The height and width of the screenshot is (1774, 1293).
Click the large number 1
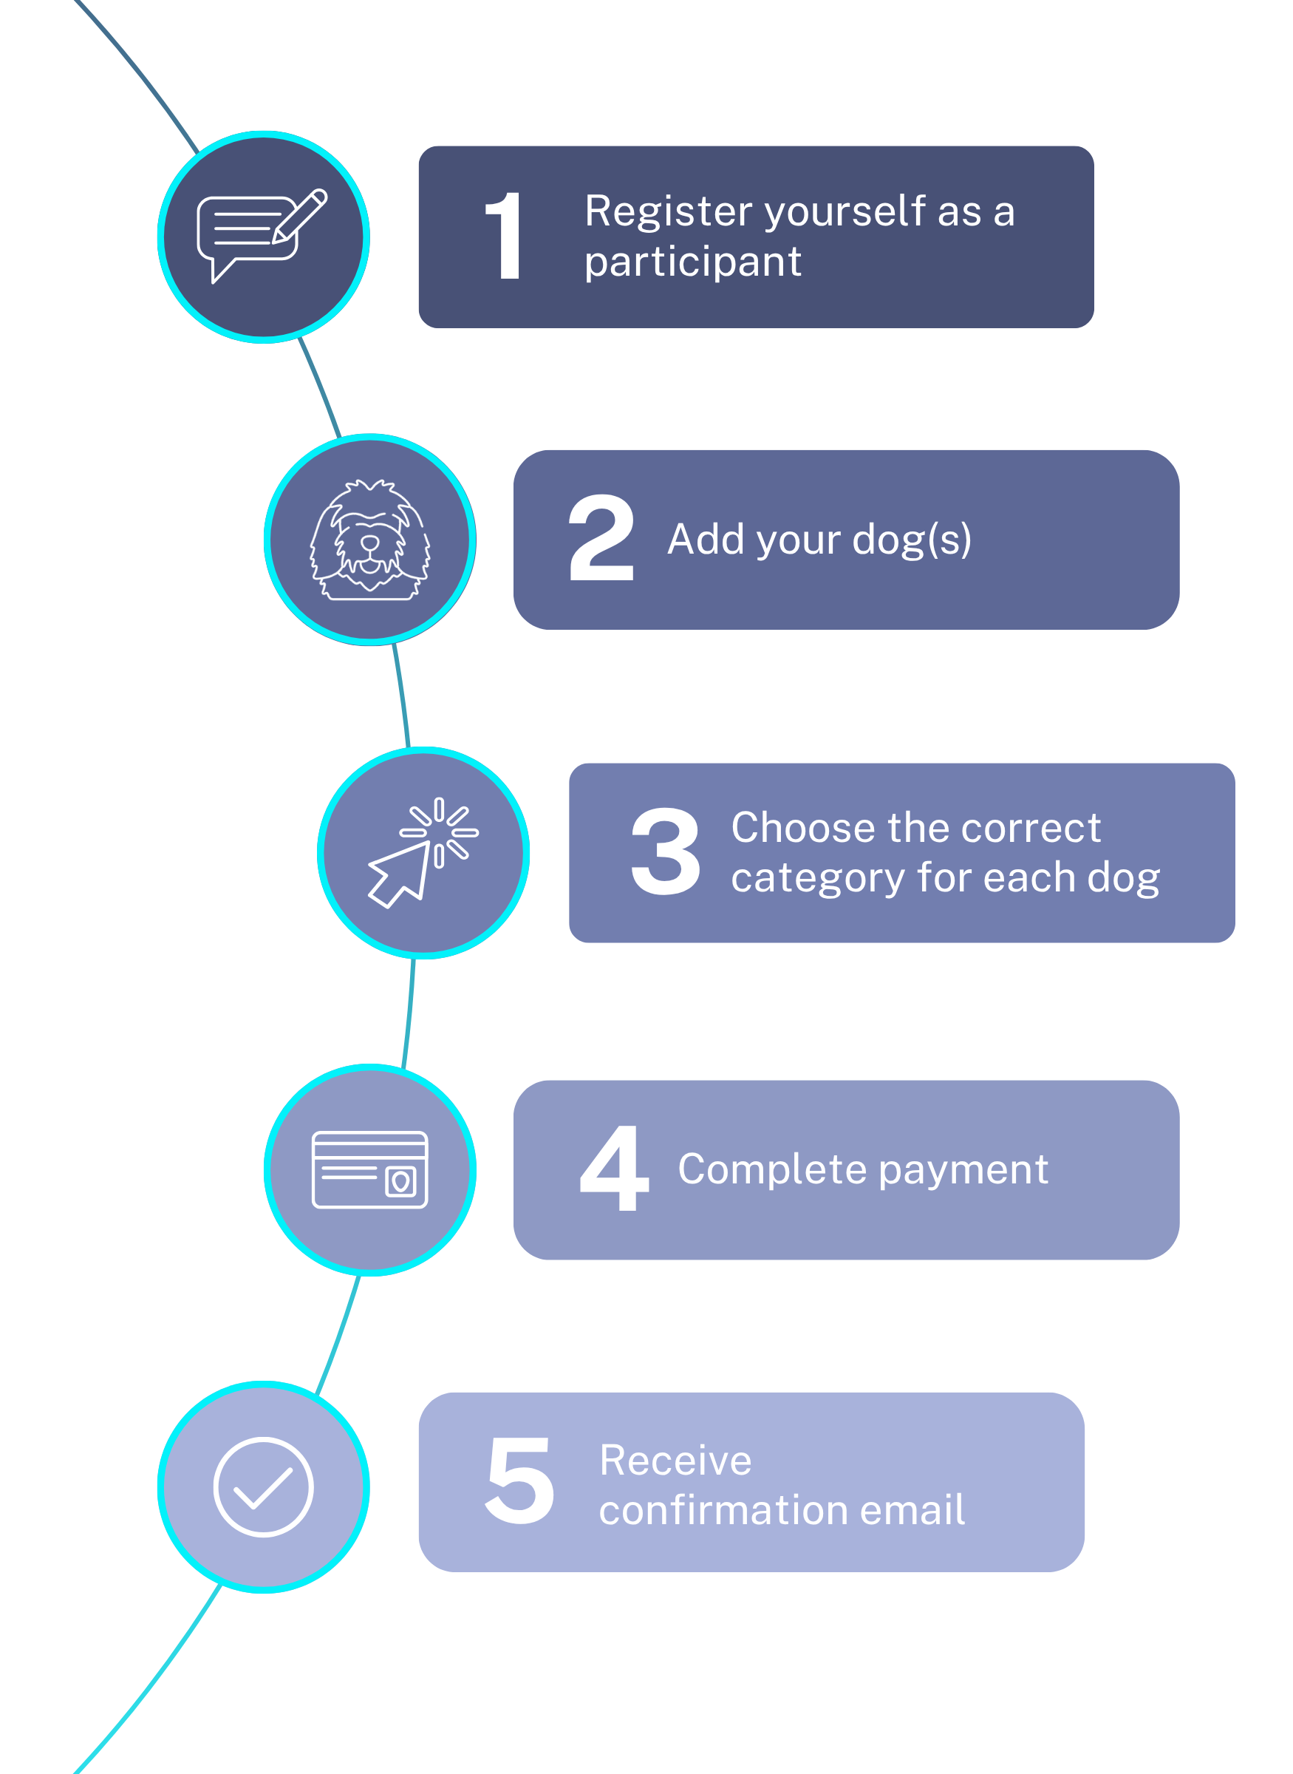tap(504, 236)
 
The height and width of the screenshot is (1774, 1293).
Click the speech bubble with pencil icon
tap(262, 235)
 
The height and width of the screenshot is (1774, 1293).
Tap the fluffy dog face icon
tap(369, 540)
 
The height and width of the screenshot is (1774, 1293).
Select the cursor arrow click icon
tap(423, 852)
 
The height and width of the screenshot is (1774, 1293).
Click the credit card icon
tap(369, 1169)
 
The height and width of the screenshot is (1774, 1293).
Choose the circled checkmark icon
tap(263, 1486)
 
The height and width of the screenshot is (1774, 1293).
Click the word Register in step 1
tap(669, 211)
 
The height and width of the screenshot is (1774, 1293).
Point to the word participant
tap(693, 262)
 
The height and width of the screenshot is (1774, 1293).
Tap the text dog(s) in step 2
tap(911, 540)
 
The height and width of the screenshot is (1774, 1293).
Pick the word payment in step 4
tap(963, 1170)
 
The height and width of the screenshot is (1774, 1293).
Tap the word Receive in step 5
tap(675, 1460)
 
